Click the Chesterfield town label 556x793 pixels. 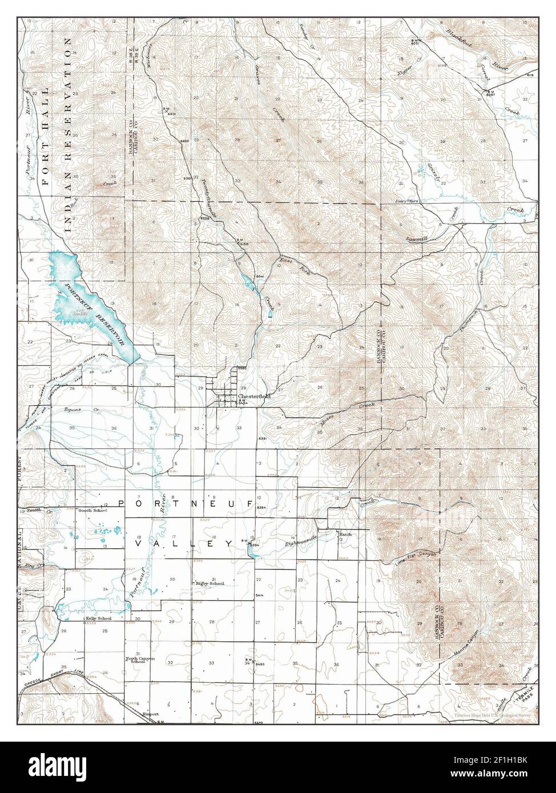pyautogui.click(x=253, y=396)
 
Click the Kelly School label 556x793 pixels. pyautogui.click(x=98, y=618)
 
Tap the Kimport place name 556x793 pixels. pyautogui.click(x=151, y=714)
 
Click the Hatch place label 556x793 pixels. pyautogui.click(x=345, y=534)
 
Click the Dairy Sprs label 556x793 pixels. pyautogui.click(x=404, y=202)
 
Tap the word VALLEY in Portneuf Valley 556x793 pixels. pyautogui.click(x=183, y=544)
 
